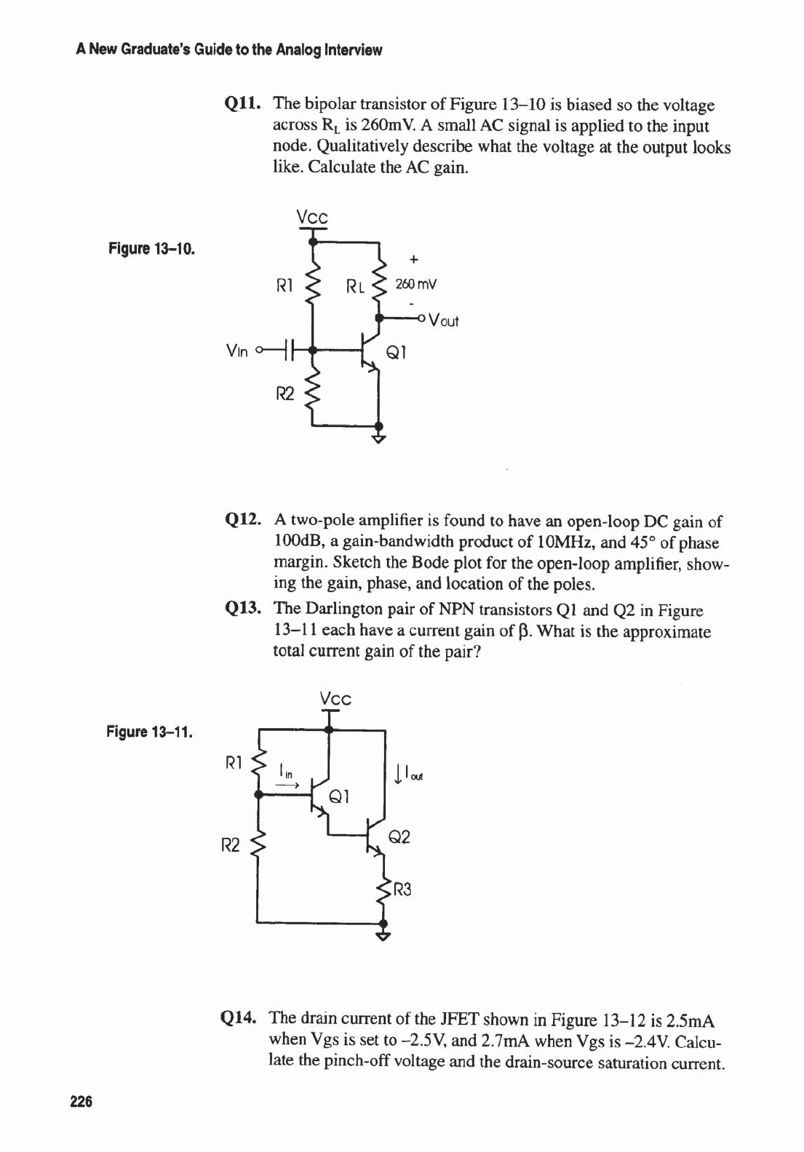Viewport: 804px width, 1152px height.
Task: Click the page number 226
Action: pyautogui.click(x=81, y=1102)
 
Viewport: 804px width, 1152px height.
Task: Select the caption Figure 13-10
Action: pyautogui.click(x=151, y=249)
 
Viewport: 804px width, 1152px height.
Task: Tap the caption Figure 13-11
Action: pyautogui.click(x=150, y=731)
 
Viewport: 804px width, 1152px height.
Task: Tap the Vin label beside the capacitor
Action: pyautogui.click(x=237, y=351)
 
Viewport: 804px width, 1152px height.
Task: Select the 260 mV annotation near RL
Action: pyautogui.click(x=415, y=284)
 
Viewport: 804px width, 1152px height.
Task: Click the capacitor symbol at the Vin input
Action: pyautogui.click(x=289, y=351)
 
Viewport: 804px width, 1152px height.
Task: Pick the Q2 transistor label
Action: pyautogui.click(x=399, y=837)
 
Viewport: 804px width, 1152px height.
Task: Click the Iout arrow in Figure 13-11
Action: pyautogui.click(x=398, y=772)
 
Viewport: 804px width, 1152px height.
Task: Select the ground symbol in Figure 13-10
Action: pyautogui.click(x=378, y=437)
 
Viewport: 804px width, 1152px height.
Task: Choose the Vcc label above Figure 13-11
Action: pyautogui.click(x=335, y=699)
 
